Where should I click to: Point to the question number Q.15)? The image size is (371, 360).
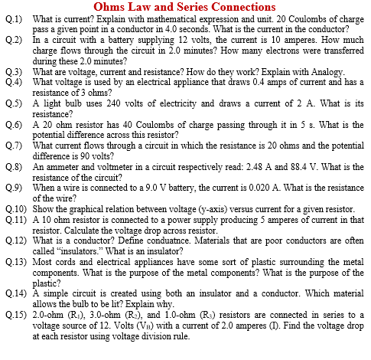click(15, 316)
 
